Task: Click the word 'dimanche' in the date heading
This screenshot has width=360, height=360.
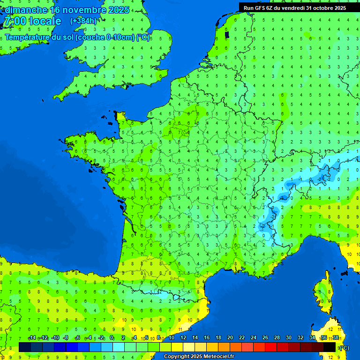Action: click(26, 10)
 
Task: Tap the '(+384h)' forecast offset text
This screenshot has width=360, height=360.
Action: click(83, 21)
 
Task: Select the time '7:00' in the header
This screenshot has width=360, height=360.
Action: click(15, 21)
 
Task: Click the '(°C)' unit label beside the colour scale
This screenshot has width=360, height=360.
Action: click(344, 347)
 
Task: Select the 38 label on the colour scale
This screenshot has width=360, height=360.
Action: click(336, 337)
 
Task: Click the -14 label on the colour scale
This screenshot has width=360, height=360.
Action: click(32, 337)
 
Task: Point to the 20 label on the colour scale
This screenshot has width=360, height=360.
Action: click(230, 337)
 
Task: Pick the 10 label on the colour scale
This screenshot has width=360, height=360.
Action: click(172, 337)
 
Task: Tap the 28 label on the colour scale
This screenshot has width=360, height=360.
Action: click(277, 337)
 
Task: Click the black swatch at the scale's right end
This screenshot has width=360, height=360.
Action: click(330, 347)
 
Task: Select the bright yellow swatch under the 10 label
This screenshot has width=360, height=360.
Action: click(177, 347)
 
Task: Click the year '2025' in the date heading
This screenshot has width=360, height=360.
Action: click(118, 10)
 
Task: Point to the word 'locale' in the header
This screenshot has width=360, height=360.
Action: click(45, 21)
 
